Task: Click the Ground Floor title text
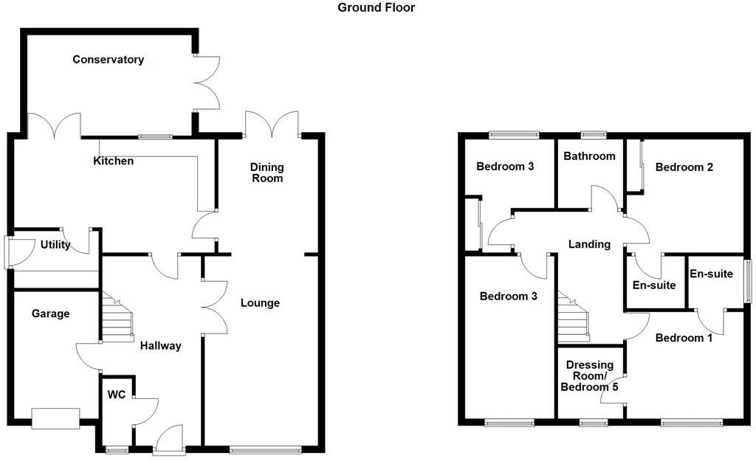(377, 8)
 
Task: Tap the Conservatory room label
(108, 60)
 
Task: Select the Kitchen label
(114, 161)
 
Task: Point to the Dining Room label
(267, 173)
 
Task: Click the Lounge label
(260, 302)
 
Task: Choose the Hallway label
(160, 345)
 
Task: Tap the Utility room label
(55, 245)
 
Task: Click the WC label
(116, 395)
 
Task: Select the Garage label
(51, 313)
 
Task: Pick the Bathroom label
(589, 156)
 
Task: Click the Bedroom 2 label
(684, 167)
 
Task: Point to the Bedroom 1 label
(684, 338)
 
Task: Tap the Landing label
(589, 244)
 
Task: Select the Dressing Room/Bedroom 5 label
(590, 376)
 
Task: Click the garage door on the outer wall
(55, 418)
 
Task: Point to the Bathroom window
(593, 135)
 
